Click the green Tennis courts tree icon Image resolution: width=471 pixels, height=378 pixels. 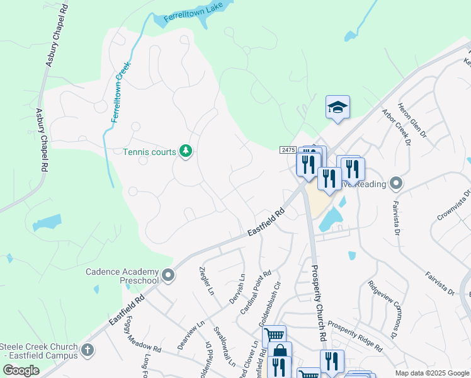(x=185, y=151)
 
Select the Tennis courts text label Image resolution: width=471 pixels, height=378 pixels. (x=149, y=152)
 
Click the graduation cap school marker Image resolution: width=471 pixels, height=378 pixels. (x=338, y=107)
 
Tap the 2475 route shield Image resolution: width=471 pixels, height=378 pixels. (x=288, y=149)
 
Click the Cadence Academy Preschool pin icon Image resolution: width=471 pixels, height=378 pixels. (x=168, y=275)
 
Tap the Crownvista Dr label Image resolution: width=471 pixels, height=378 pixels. (x=454, y=205)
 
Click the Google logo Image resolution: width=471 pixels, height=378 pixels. (x=21, y=370)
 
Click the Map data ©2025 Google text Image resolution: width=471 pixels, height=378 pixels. (x=432, y=373)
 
